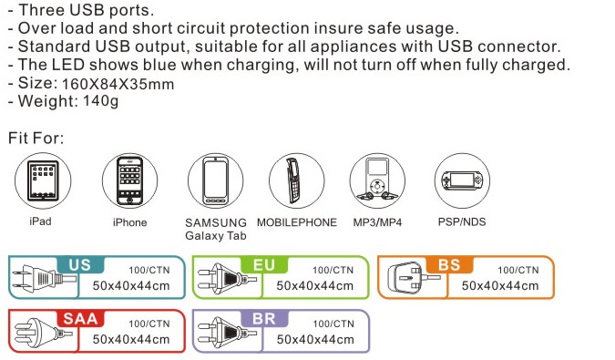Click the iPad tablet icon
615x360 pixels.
click(43, 180)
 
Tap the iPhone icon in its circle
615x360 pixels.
click(129, 180)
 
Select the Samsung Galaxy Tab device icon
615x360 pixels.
click(215, 180)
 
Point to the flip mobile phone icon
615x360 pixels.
click(295, 180)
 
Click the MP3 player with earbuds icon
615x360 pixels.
click(377, 180)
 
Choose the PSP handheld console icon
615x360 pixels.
click(462, 180)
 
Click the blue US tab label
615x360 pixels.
click(80, 264)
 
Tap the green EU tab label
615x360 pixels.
click(264, 264)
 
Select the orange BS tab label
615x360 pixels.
click(449, 264)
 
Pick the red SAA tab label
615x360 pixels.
click(80, 318)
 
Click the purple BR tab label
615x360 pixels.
click(264, 318)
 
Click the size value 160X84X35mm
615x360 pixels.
click(118, 85)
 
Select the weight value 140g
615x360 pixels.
click(101, 101)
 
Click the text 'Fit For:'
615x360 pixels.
click(36, 138)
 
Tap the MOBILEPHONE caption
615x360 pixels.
click(297, 222)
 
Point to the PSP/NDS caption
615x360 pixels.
click(462, 222)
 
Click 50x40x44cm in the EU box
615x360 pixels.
click(315, 285)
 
